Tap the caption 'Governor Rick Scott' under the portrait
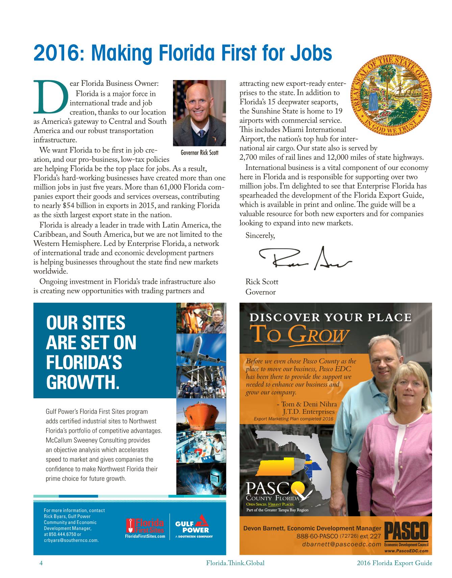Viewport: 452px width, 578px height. (199, 153)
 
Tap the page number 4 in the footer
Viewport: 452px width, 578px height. (41, 563)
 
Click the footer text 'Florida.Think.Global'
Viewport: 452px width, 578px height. (235, 563)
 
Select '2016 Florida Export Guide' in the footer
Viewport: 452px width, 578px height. (394, 563)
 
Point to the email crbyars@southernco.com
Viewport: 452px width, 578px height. (71, 540)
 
